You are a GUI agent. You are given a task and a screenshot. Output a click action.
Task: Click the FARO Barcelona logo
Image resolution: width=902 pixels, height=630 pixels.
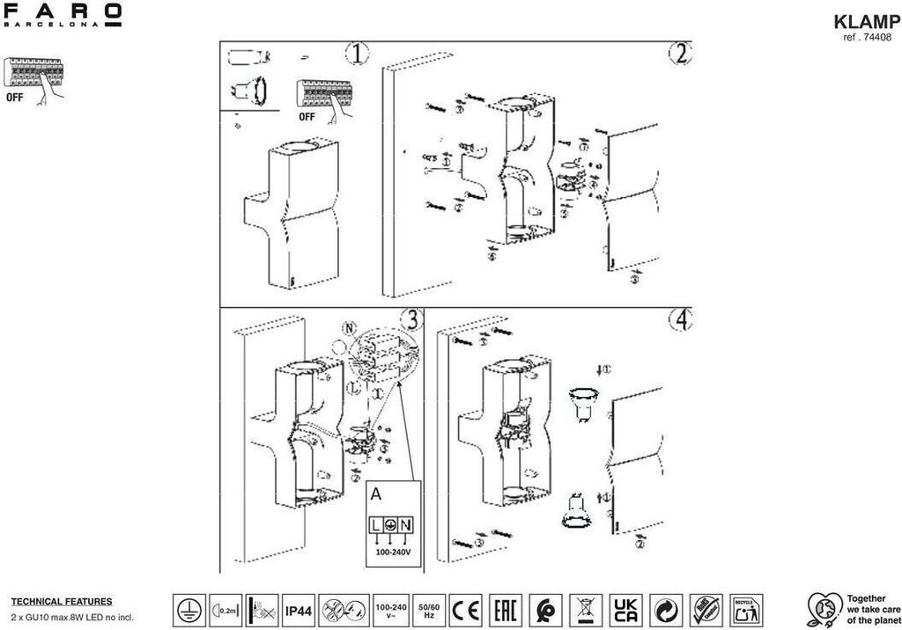click(x=63, y=15)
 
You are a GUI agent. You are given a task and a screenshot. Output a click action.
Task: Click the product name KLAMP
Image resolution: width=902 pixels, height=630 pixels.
click(x=867, y=22)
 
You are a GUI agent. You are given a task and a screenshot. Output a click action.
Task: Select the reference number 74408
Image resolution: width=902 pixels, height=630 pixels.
click(x=867, y=38)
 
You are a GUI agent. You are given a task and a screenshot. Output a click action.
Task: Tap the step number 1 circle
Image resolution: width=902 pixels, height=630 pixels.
click(x=356, y=54)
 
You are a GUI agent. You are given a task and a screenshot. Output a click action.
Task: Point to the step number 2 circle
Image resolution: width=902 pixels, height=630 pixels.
click(x=679, y=54)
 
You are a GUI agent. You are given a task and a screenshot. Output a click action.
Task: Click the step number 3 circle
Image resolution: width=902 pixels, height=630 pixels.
click(x=409, y=319)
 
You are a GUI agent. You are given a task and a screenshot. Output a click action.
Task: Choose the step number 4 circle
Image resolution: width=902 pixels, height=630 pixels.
click(x=679, y=320)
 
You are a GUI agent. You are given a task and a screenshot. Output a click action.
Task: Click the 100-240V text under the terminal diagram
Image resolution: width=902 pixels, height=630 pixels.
click(x=394, y=554)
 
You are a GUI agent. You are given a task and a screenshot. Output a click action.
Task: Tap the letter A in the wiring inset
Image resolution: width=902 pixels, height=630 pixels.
click(x=376, y=494)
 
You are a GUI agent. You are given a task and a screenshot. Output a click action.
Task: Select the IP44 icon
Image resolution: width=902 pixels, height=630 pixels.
click(x=298, y=609)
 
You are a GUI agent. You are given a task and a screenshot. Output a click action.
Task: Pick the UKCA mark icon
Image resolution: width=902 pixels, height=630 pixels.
click(x=626, y=609)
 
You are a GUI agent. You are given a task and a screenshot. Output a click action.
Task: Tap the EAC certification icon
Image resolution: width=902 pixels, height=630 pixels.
click(x=505, y=609)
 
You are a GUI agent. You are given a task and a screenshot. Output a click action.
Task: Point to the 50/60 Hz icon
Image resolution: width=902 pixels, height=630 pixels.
click(x=428, y=609)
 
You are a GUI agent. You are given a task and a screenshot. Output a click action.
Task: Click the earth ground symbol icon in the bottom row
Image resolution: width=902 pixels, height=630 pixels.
click(x=187, y=609)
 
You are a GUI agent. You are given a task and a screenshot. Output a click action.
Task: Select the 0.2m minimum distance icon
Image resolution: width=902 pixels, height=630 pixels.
click(x=225, y=609)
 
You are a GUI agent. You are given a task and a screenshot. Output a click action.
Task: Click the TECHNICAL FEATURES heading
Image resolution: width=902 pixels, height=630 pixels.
click(x=62, y=602)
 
